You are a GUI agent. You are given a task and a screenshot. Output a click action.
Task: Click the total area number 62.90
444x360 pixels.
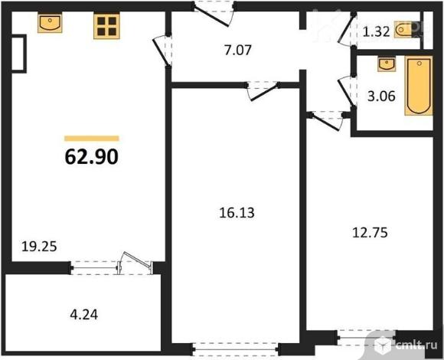point(91,157)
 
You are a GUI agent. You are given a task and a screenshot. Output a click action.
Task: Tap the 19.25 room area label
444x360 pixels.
point(39,247)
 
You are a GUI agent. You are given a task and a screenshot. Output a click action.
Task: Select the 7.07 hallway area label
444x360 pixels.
point(238,50)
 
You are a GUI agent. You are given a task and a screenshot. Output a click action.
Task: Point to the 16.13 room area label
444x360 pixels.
point(237,213)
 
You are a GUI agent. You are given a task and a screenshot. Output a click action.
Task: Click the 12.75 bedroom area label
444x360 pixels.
point(370,233)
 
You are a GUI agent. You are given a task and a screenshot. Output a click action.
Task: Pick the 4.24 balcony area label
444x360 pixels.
point(83,314)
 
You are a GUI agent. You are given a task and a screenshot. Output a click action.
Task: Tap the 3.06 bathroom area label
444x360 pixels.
point(381,97)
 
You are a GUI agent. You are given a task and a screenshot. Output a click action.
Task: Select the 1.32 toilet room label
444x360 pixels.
point(377,31)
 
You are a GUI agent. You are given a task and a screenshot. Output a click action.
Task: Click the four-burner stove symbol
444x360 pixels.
point(106,26)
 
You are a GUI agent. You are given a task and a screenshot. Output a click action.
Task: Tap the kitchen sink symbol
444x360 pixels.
point(50,23)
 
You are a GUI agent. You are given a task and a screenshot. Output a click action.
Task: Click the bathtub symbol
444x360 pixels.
point(419,86)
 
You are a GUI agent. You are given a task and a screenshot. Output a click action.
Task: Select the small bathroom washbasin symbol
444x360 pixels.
point(387,64)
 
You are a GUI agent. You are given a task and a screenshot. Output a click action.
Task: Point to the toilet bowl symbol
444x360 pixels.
point(403,29)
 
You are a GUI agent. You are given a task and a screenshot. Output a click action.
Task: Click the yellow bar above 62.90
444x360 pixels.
point(91,139)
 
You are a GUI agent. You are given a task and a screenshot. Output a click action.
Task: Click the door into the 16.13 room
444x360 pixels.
point(263,90)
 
